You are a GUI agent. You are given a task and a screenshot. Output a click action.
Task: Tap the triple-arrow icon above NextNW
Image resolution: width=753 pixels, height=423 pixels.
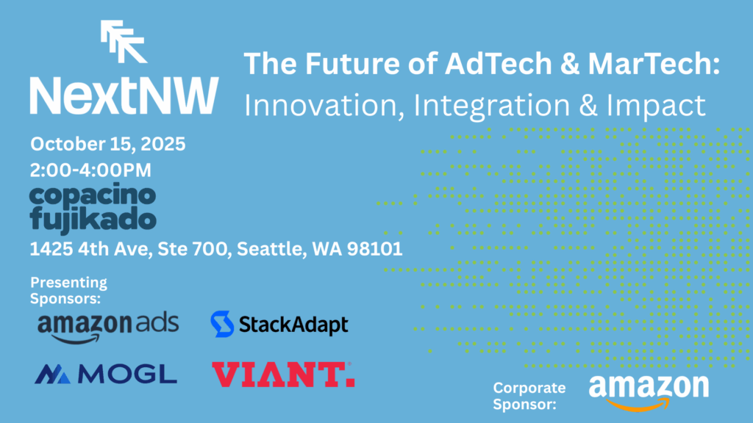[x=124, y=42]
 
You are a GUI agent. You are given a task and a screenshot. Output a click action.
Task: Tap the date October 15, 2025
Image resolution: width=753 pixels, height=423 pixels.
[x=107, y=144]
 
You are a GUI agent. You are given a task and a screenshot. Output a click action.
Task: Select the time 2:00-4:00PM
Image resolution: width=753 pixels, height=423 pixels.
[x=90, y=170]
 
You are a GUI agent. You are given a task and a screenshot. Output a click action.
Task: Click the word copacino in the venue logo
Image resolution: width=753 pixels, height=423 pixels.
[x=93, y=195]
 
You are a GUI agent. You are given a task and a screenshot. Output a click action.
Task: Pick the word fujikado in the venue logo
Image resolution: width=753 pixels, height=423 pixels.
[x=93, y=219]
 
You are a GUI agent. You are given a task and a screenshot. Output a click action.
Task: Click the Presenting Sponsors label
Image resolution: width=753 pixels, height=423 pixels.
[x=68, y=290]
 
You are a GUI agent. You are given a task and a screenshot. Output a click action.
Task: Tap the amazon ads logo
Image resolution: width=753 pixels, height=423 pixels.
[x=107, y=325]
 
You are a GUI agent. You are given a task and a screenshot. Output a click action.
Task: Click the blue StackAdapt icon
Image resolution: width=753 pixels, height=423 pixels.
[x=222, y=324]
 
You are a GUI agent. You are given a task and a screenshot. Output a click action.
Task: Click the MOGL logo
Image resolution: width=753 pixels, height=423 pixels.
[x=106, y=375]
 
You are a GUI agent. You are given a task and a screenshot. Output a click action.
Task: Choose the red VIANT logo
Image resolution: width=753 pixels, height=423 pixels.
[x=283, y=375]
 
